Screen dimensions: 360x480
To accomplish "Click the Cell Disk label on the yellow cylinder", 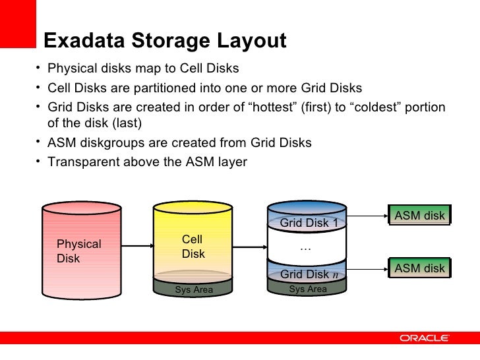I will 193,247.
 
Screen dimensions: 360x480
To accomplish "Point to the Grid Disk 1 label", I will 309,223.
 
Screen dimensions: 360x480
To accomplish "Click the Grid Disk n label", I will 309,274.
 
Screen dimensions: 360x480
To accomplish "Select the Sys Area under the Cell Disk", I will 194,289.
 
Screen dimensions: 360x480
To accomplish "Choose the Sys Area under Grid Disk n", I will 308,289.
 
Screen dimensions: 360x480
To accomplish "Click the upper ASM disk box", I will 419,216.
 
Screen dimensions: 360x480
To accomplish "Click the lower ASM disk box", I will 419,268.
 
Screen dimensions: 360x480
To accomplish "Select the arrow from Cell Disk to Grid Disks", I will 250,249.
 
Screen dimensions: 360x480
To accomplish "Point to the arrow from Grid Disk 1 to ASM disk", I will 367,216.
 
